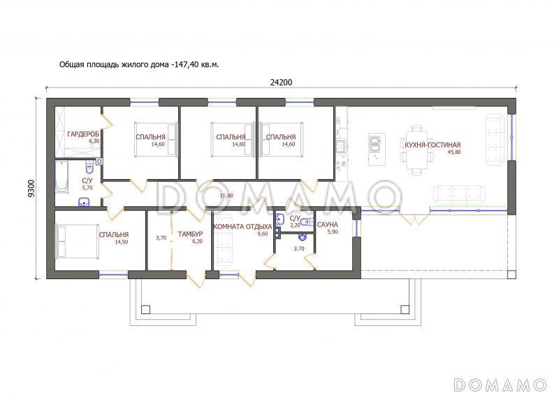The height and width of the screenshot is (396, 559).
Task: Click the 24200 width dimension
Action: (x=281, y=83)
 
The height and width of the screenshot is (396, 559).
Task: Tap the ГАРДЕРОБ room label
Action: (x=83, y=134)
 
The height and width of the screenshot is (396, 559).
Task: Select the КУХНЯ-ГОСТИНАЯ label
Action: (x=433, y=145)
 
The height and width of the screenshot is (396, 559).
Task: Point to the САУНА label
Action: (x=327, y=225)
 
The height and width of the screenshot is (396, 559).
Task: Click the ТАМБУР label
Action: (x=190, y=234)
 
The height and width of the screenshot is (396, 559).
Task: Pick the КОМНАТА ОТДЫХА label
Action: (x=242, y=227)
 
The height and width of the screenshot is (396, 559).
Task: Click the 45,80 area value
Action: (x=453, y=152)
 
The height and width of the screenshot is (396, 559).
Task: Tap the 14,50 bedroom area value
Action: (x=121, y=242)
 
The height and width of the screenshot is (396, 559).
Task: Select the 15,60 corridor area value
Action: (x=226, y=196)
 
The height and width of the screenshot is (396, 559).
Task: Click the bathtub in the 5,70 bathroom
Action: (x=61, y=177)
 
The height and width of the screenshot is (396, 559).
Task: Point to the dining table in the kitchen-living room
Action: (x=416, y=150)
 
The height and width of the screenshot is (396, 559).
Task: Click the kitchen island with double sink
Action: (x=377, y=149)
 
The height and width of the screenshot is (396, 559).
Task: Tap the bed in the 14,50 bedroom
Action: (x=78, y=241)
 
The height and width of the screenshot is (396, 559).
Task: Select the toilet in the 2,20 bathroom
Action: (x=306, y=222)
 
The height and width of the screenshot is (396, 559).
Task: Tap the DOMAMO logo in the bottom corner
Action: (x=500, y=385)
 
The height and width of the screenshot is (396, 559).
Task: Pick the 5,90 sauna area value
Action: (x=333, y=232)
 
